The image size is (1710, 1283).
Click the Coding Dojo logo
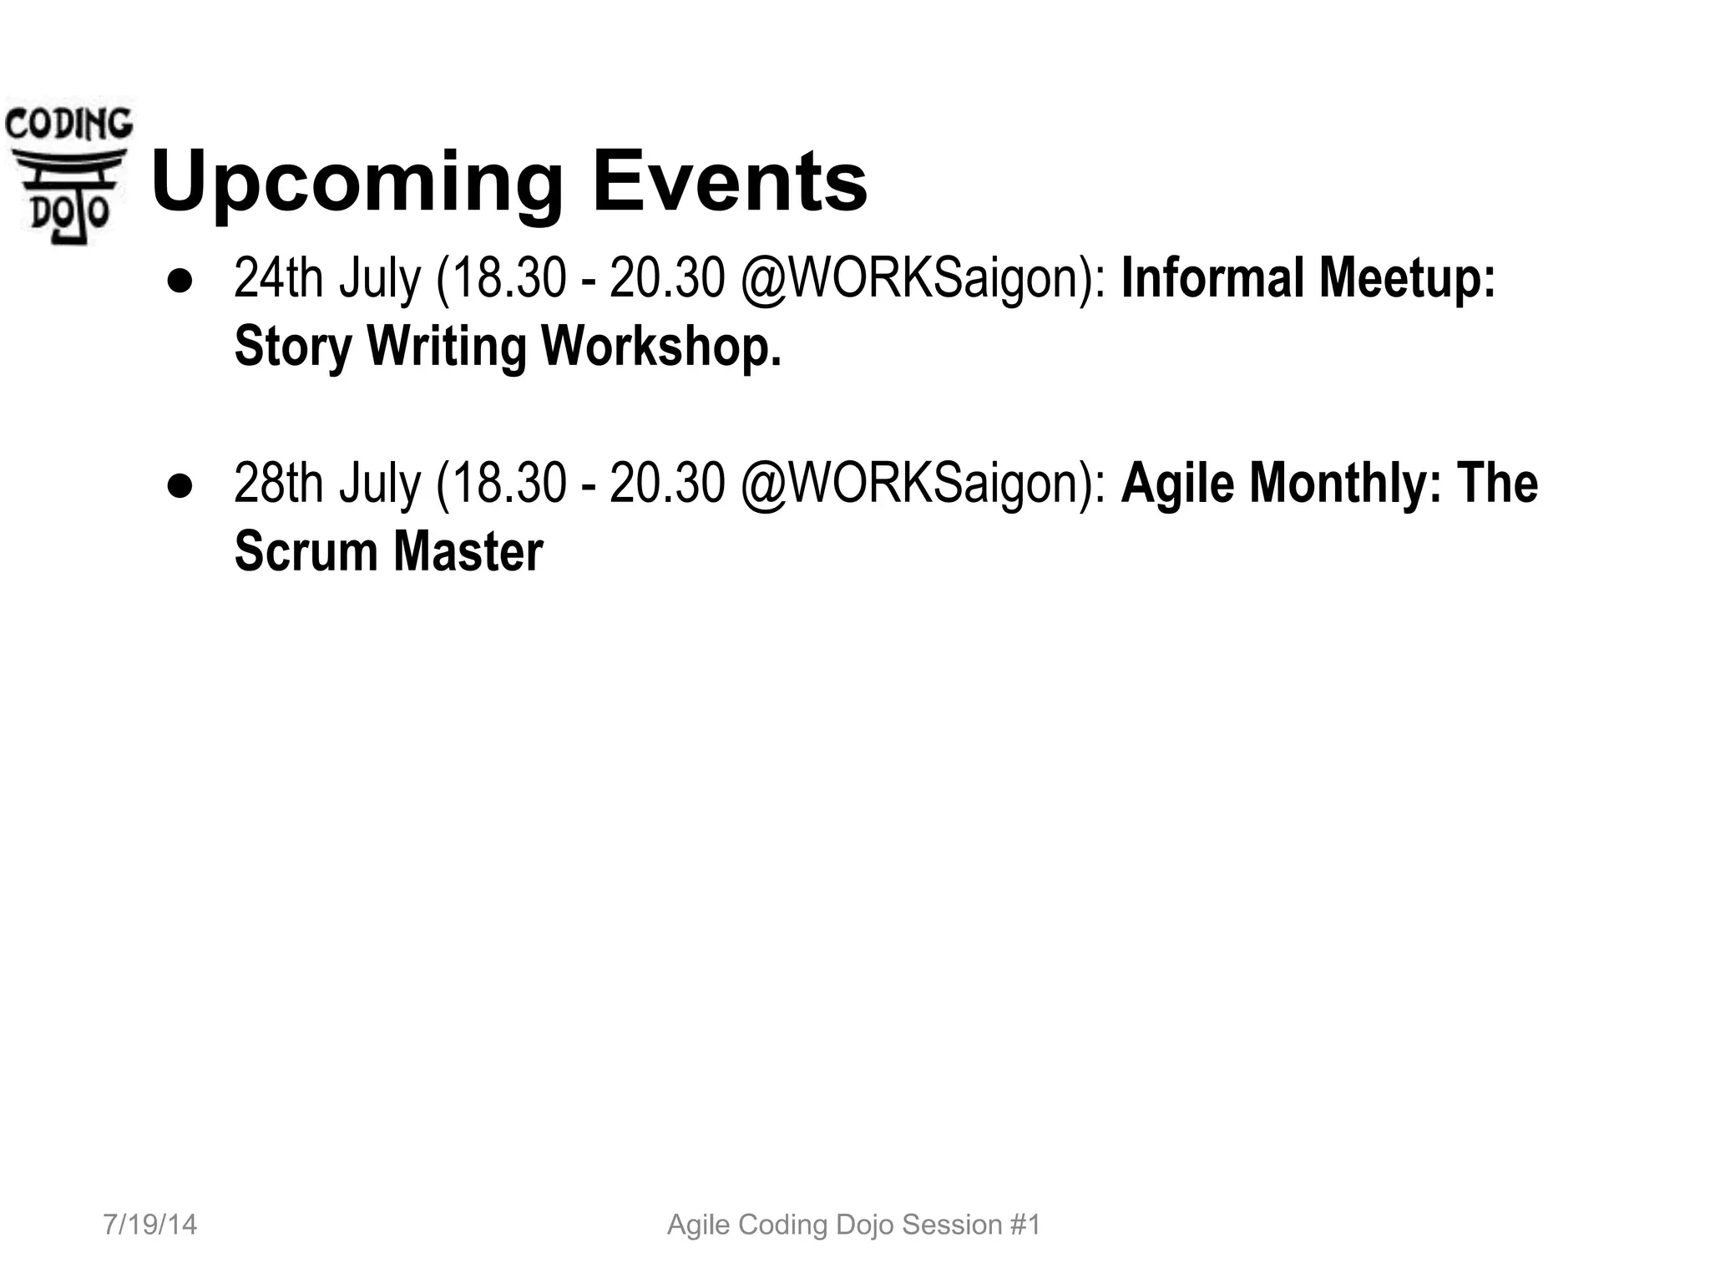(x=68, y=172)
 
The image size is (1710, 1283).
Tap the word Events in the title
(x=730, y=180)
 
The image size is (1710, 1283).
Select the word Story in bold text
(x=294, y=347)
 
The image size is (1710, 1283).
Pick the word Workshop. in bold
(x=661, y=346)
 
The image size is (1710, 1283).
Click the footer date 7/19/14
(x=150, y=1225)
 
